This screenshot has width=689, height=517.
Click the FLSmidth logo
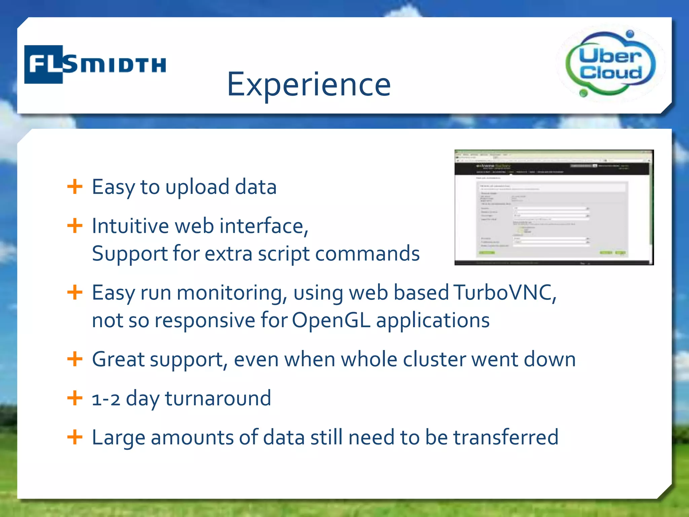(x=95, y=64)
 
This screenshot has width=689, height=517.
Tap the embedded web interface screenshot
(x=554, y=207)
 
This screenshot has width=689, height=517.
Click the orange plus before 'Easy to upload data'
(x=75, y=186)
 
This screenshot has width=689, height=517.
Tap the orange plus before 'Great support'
(x=75, y=359)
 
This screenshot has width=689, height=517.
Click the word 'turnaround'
(x=218, y=399)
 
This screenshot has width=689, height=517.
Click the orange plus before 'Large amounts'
(x=75, y=437)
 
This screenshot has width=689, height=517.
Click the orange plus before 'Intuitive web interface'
(x=75, y=226)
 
